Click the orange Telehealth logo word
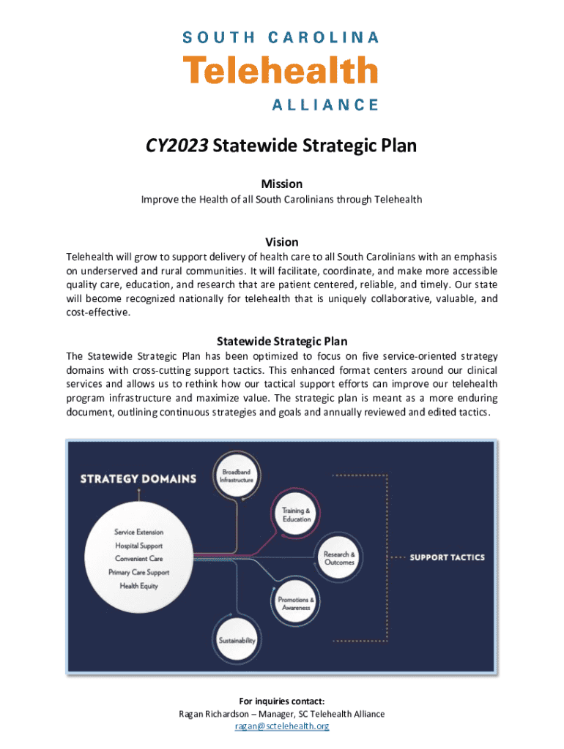click(281, 72)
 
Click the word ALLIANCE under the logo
click(325, 105)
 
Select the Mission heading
click(282, 184)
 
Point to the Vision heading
click(282, 242)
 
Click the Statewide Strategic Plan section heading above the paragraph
click(282, 342)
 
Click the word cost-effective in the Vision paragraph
click(98, 313)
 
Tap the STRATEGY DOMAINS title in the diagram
click(138, 479)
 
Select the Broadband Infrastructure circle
click(237, 477)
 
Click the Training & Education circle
click(296, 515)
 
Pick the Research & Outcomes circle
click(339, 559)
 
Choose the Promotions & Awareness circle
click(296, 603)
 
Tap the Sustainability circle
click(237, 641)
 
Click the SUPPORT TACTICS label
click(447, 557)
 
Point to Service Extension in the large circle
click(139, 532)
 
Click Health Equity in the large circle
click(139, 586)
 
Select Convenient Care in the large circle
click(139, 559)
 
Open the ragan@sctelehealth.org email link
click(282, 726)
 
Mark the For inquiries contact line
click(282, 701)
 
